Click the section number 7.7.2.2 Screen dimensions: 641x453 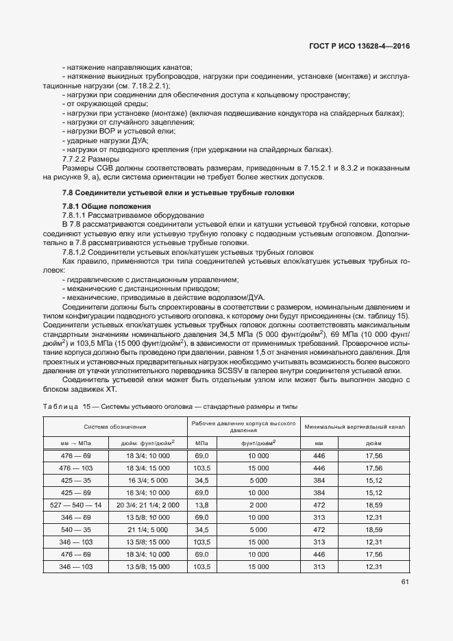point(77,158)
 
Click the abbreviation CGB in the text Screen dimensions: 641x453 point(102,167)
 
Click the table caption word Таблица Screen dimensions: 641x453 point(60,407)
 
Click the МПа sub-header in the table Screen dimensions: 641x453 point(201,443)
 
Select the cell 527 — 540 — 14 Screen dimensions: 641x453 point(75,504)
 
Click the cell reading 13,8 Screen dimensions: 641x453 point(201,504)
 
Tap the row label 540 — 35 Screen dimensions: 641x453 point(75,529)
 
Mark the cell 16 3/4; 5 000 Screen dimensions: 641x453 point(148,479)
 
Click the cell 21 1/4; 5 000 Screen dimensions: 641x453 point(148,529)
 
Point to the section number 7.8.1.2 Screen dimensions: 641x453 point(77,252)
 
